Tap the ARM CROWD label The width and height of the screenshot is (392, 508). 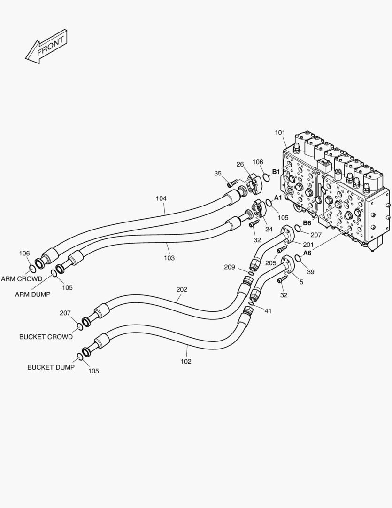tap(22, 279)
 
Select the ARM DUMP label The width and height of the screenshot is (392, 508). tap(32, 294)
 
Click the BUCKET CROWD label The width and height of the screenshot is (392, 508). tap(46, 337)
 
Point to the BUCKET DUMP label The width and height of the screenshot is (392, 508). tap(51, 367)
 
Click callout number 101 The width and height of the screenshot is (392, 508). tap(280, 133)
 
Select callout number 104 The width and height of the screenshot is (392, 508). tap(161, 198)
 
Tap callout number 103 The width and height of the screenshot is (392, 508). tap(169, 258)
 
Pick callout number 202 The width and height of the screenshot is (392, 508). tap(181, 289)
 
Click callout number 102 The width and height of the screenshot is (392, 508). tap(186, 362)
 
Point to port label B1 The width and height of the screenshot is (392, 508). tap(276, 171)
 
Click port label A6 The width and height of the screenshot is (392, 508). tap(307, 253)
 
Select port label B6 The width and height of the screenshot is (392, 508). tap(307, 223)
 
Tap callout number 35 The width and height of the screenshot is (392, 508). tap(218, 173)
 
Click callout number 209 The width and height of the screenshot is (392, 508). tap(229, 267)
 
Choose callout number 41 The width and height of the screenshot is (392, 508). tap(268, 311)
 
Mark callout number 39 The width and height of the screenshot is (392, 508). tap(311, 272)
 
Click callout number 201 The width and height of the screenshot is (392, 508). tap(308, 245)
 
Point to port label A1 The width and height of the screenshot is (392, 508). tap(278, 198)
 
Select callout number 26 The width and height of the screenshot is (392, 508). tap(240, 164)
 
